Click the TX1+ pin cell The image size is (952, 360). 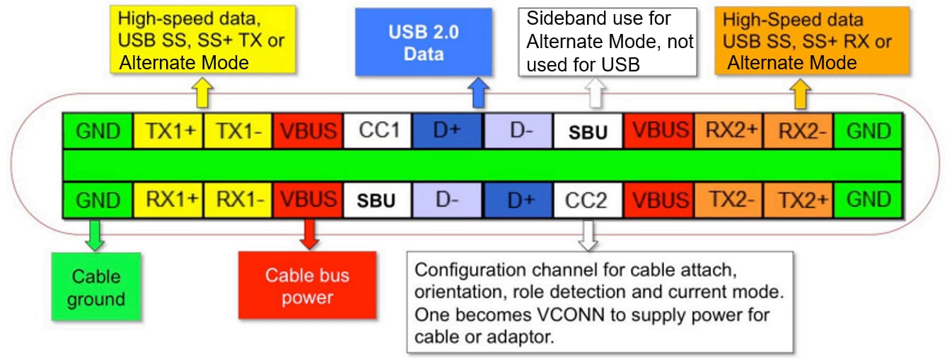point(168,131)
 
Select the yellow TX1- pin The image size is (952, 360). point(238,131)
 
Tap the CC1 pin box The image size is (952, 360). point(378,131)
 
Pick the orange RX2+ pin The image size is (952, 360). point(728,131)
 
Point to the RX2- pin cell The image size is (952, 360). point(799,131)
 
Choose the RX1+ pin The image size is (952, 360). point(168,199)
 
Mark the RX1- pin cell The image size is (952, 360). point(238,199)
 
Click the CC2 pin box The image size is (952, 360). point(588,199)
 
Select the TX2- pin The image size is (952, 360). point(728,199)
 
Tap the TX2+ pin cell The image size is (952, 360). point(799,199)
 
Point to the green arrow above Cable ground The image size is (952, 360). point(93,235)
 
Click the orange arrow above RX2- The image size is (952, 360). point(801,93)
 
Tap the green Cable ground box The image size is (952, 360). point(95,286)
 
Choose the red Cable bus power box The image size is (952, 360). point(307,286)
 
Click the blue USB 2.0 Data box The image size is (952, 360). point(424,42)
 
